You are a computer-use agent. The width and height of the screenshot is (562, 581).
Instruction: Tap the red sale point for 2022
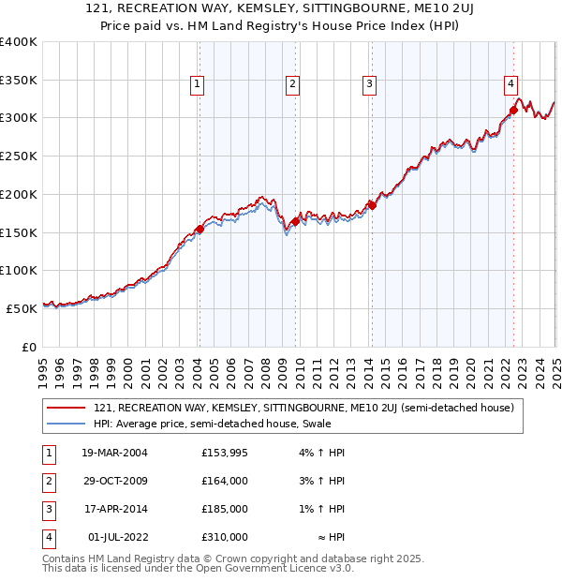click(514, 111)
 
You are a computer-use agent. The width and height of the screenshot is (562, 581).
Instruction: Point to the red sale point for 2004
click(200, 229)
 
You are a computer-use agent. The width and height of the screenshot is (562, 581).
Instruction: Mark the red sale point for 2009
click(295, 221)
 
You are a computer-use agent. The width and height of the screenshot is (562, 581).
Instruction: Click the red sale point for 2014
click(372, 205)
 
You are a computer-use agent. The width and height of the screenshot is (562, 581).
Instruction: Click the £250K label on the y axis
click(18, 156)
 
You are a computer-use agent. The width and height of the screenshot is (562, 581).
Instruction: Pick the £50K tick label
click(22, 307)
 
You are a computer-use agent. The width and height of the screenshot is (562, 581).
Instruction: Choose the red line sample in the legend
click(66, 409)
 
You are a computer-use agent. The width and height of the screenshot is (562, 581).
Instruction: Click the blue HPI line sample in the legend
click(66, 424)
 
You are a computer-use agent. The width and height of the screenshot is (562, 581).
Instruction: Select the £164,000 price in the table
click(224, 481)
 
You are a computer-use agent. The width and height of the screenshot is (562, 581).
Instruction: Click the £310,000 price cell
click(224, 537)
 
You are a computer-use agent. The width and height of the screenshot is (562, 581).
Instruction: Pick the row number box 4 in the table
click(47, 537)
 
